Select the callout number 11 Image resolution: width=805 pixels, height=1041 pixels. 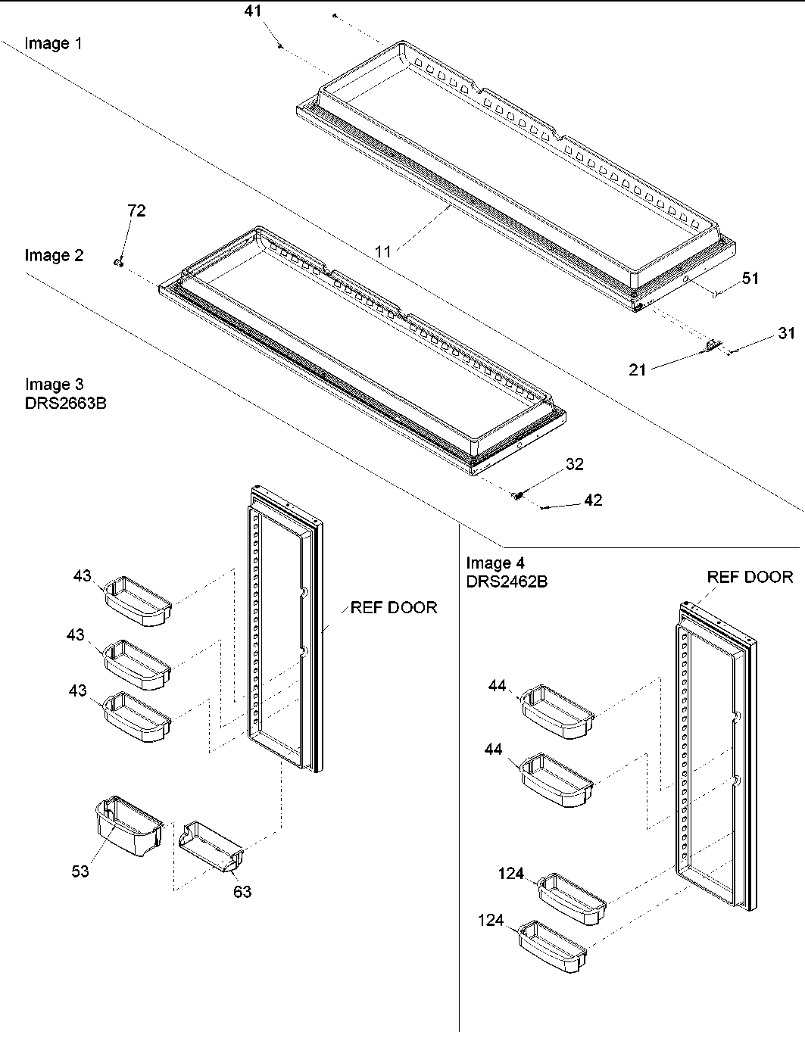384,251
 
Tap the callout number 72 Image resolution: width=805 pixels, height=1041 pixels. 136,211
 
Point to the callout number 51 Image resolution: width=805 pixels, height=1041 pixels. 749,279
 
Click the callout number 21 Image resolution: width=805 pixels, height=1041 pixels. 638,369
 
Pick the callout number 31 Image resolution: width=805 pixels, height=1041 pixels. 787,333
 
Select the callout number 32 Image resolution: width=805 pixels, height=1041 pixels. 575,464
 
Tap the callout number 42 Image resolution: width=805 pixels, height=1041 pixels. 593,500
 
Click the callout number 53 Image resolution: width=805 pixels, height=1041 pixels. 80,871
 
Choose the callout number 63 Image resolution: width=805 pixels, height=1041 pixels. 242,892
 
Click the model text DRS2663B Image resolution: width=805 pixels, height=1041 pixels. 65,403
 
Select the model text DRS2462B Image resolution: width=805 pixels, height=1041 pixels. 507,581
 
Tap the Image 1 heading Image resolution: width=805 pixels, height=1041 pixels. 54,43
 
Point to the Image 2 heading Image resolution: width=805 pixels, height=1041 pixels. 54,255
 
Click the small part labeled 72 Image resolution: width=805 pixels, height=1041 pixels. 118,262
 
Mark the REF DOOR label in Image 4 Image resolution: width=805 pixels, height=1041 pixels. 750,577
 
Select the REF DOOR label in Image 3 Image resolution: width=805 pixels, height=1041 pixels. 393,607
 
